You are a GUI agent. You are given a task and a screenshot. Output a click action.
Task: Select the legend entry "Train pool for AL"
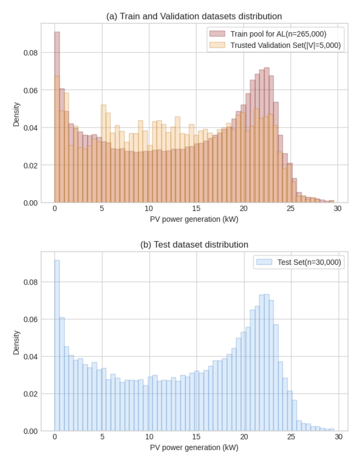(279, 34)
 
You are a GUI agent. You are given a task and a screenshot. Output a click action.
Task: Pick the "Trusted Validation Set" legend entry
(286, 45)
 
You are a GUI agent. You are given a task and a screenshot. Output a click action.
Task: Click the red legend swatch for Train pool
(217, 34)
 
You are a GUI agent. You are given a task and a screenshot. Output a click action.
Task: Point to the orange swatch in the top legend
(217, 45)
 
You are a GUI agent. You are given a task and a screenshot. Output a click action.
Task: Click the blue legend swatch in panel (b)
(264, 263)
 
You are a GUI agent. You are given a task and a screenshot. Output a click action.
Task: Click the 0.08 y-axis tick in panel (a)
(31, 52)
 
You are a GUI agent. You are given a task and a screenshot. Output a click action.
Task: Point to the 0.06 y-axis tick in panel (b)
(31, 319)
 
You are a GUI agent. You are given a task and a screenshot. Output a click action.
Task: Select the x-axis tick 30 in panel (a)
(337, 210)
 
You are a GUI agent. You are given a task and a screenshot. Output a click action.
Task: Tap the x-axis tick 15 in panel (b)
(196, 438)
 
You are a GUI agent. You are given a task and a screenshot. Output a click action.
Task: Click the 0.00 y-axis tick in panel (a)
(31, 203)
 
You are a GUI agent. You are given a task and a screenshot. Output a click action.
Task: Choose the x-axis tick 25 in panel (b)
(290, 438)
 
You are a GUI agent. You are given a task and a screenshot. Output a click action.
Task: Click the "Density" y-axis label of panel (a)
(16, 114)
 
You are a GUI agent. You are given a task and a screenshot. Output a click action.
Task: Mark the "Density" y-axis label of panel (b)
(16, 342)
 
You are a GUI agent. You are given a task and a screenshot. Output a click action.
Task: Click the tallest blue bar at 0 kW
(57, 346)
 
